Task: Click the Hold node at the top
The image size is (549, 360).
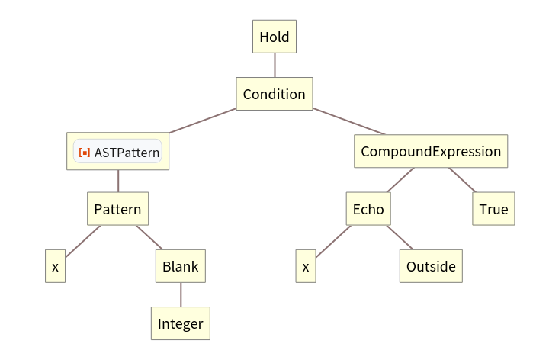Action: [x=274, y=37]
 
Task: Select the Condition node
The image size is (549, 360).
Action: [x=274, y=95]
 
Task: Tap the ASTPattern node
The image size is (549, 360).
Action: [x=118, y=152]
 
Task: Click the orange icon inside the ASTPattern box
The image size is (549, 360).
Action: [x=85, y=152]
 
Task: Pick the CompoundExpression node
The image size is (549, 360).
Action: [x=431, y=151]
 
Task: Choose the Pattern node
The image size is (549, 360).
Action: [x=117, y=208]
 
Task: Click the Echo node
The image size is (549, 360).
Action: [x=368, y=208]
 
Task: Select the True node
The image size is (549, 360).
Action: [x=493, y=208]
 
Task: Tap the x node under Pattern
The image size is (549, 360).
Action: [x=55, y=267]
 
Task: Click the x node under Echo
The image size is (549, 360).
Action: [x=305, y=267]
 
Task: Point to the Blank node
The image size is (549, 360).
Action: [x=181, y=266]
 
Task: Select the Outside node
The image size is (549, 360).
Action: [x=431, y=266]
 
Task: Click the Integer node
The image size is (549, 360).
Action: [x=181, y=323]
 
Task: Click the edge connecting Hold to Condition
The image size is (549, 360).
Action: [x=274, y=65]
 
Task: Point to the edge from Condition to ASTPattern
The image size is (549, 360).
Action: [x=200, y=122]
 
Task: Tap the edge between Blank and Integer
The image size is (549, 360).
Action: [x=181, y=295]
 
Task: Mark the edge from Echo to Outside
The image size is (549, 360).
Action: [x=399, y=237]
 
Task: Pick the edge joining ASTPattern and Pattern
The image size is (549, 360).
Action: [x=118, y=181]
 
